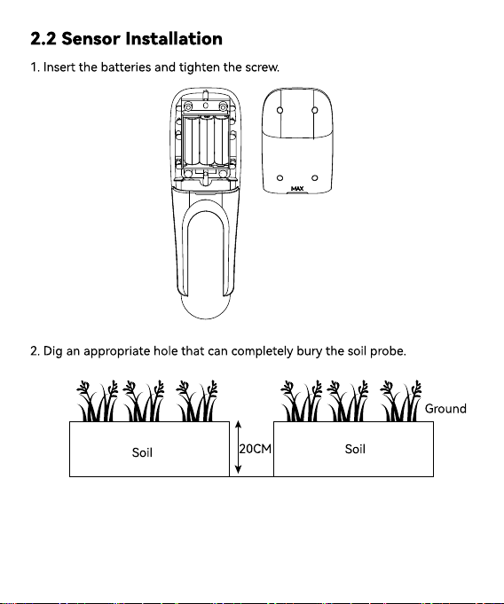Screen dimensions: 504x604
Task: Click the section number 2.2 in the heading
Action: pos(43,39)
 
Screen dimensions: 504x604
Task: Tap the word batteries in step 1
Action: pos(126,67)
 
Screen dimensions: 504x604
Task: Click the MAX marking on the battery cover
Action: pos(297,188)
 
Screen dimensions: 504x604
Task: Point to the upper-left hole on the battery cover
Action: pos(280,110)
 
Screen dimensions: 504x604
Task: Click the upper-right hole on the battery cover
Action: pos(315,110)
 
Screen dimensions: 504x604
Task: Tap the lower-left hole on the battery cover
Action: pos(280,178)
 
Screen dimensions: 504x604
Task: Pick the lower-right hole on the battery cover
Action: pos(315,178)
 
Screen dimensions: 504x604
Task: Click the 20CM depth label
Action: pos(255,449)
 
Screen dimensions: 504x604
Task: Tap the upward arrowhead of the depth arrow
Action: pos(238,425)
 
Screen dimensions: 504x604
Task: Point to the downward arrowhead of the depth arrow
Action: pos(238,469)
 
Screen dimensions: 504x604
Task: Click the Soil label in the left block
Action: pos(142,452)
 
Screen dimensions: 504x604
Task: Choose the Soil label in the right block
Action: pos(355,449)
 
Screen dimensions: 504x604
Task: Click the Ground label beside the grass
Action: pos(445,408)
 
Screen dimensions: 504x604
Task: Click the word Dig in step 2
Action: pos(52,352)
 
